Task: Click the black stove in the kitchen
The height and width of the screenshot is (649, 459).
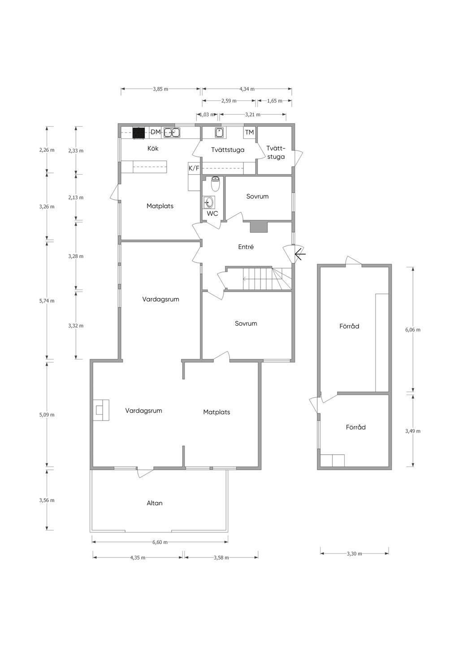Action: (139, 133)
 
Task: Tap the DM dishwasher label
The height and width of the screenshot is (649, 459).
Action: (156, 132)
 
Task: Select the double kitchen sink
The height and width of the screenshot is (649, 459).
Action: (172, 133)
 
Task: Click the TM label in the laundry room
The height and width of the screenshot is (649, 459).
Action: (249, 133)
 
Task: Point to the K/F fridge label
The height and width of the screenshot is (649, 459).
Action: (194, 168)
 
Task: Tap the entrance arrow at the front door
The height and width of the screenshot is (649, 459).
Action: (300, 254)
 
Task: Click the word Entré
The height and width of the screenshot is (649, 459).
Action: (246, 247)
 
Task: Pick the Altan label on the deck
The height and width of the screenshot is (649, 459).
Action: (155, 503)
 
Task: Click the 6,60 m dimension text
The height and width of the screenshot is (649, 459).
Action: (160, 542)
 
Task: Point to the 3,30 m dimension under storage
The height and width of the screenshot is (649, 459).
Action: (354, 554)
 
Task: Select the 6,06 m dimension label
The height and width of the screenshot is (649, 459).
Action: (413, 330)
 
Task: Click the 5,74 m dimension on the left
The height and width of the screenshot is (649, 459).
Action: (47, 301)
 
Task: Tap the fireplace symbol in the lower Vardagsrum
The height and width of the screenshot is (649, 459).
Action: (101, 410)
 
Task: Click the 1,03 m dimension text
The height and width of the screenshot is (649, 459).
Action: (207, 115)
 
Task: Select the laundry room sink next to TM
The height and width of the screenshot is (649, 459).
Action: (219, 133)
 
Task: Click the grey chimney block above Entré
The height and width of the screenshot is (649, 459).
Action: (259, 227)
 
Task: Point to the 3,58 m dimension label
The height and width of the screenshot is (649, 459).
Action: (221, 558)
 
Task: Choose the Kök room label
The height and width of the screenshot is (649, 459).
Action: (153, 148)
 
